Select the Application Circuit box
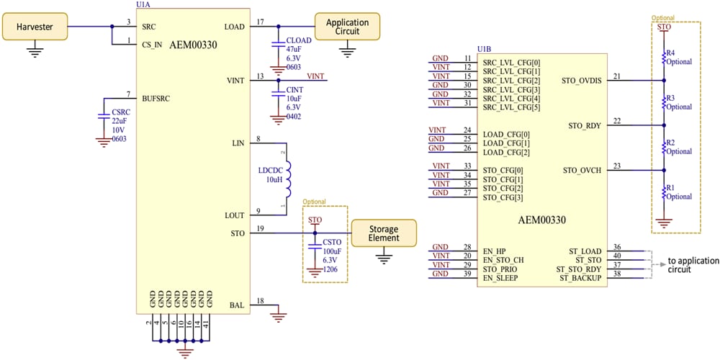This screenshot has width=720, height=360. [347, 27]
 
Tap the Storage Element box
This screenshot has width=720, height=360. [383, 233]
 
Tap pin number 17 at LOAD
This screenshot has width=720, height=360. [261, 22]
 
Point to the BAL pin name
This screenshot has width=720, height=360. [237, 305]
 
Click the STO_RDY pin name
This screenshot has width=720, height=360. [585, 126]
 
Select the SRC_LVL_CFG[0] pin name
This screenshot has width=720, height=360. [511, 63]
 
